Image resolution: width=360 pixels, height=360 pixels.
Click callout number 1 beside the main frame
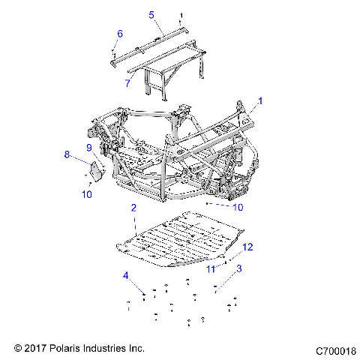click(260, 100)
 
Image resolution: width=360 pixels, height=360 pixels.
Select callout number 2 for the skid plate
click(133, 207)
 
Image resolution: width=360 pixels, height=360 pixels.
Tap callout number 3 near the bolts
click(239, 268)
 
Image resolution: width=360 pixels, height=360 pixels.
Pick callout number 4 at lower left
click(126, 275)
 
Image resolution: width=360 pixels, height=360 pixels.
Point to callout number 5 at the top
click(151, 14)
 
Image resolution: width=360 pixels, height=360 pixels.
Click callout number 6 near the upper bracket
click(118, 33)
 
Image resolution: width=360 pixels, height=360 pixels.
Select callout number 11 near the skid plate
click(211, 267)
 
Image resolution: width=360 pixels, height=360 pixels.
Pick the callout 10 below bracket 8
click(87, 194)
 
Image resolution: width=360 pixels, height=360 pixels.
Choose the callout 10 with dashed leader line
click(238, 206)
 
